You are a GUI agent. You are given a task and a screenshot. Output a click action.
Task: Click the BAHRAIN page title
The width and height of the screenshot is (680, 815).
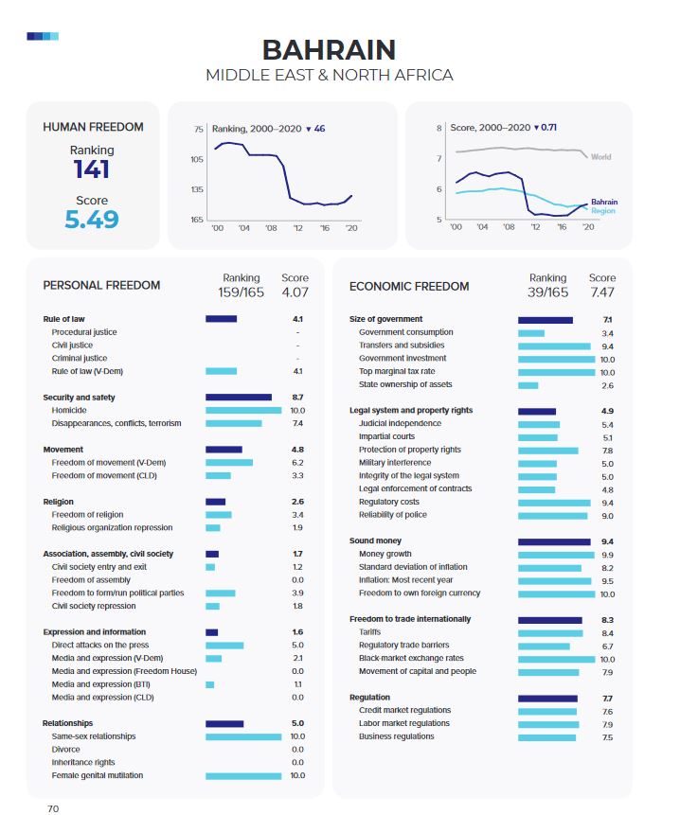click(x=329, y=49)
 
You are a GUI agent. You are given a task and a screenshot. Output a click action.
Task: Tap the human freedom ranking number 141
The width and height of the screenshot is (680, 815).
click(x=92, y=169)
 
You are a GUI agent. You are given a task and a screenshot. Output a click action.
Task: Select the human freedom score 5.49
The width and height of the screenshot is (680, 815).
click(x=92, y=220)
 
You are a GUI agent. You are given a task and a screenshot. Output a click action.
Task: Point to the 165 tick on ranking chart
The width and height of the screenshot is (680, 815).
click(x=197, y=220)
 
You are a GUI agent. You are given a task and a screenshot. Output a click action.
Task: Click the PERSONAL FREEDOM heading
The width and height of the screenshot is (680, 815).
click(x=101, y=285)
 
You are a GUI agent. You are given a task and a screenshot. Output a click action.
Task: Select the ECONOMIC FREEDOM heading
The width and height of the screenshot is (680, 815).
click(x=409, y=286)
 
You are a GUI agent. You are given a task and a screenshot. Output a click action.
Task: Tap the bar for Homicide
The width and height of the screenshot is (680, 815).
click(x=243, y=410)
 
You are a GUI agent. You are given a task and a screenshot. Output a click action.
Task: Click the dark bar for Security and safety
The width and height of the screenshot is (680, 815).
click(x=239, y=398)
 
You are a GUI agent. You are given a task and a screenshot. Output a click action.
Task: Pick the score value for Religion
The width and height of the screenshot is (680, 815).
click(x=297, y=502)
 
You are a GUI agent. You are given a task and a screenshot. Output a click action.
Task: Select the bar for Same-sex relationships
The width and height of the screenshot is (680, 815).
click(x=243, y=735)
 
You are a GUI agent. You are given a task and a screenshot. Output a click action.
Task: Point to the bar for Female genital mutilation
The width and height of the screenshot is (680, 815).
click(x=243, y=775)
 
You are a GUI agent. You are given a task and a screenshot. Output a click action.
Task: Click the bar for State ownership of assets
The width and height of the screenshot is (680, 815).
click(x=528, y=385)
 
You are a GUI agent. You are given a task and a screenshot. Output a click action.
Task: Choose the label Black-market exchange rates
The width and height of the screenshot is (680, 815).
click(x=411, y=658)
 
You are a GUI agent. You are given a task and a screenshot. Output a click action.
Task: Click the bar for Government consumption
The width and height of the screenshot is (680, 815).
click(x=531, y=332)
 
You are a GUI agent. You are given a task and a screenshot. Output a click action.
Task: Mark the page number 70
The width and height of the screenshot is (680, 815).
click(x=54, y=808)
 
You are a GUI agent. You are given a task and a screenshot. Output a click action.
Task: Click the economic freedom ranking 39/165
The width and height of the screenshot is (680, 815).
click(x=547, y=292)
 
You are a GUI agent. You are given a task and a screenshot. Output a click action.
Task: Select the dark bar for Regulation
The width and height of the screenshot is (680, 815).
click(x=547, y=698)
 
